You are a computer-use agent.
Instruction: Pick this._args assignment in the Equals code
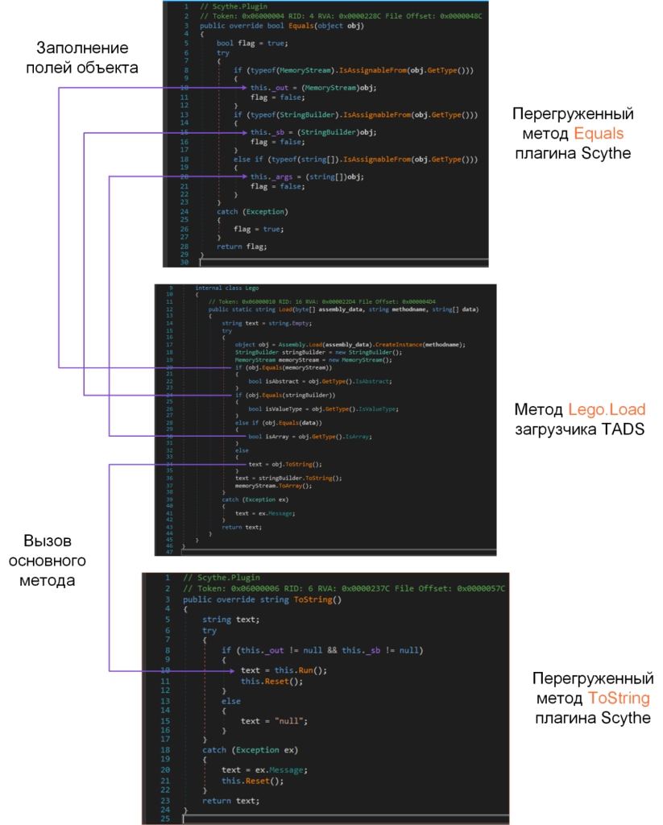pos(307,176)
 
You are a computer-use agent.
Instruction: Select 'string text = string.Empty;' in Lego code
pos(262,323)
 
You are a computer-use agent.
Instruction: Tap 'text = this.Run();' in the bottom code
pos(273,670)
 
